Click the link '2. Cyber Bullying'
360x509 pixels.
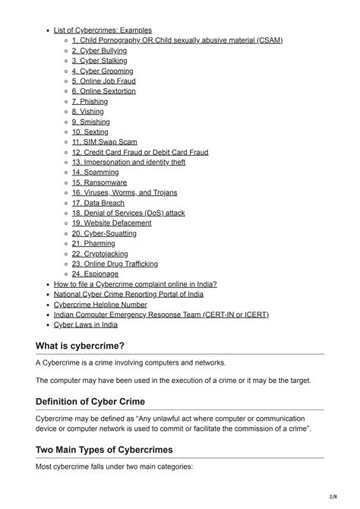[99, 50]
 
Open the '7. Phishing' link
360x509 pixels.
[90, 101]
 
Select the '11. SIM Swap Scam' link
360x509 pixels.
[104, 142]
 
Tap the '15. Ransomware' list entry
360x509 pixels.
[99, 182]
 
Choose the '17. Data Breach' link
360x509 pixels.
[99, 203]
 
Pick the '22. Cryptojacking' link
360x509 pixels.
[99, 254]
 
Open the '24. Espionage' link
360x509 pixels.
[95, 274]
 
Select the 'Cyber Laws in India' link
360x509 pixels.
[86, 324]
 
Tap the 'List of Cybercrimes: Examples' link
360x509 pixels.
[103, 30]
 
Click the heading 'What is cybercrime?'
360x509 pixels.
[80, 346]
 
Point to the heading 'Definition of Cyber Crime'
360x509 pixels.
[90, 401]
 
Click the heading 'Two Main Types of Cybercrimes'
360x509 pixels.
[104, 450]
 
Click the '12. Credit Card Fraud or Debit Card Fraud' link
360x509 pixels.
[140, 152]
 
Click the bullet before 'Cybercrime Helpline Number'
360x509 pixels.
[47, 305]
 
